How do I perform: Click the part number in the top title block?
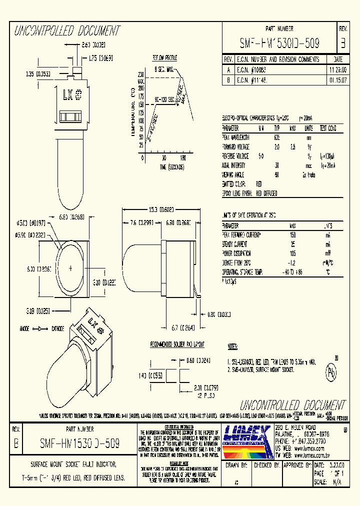[x=279, y=43]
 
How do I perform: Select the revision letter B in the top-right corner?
[x=343, y=43]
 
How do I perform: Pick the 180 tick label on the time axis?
[x=183, y=157]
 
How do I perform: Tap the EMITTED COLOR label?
[x=235, y=184]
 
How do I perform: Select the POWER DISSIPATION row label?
[x=240, y=253]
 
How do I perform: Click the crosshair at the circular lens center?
[x=70, y=268]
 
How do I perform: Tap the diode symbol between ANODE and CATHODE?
[x=36, y=329]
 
